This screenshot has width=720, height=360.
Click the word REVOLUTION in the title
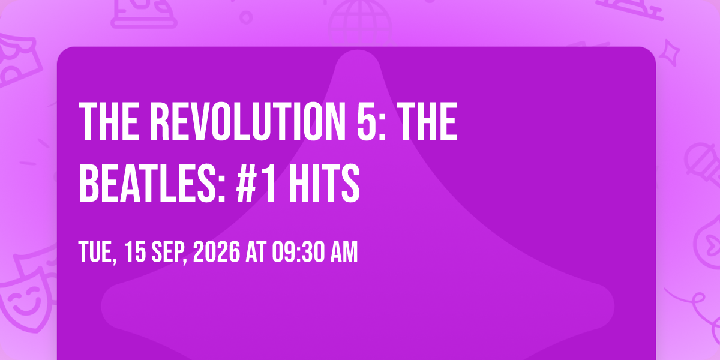tap(245, 121)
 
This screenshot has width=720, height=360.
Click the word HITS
tap(325, 183)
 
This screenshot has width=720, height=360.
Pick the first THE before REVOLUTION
tap(109, 121)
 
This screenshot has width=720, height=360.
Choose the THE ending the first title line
tap(427, 121)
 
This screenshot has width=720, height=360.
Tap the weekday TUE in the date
tap(95, 251)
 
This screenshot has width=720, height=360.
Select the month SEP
tap(167, 251)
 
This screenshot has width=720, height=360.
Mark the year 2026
tap(217, 251)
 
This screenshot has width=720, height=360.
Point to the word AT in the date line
tap(256, 251)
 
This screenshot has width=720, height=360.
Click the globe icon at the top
tap(360, 23)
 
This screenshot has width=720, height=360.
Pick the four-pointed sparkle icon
tap(670, 53)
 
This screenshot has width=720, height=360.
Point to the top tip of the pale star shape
tap(358, 50)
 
